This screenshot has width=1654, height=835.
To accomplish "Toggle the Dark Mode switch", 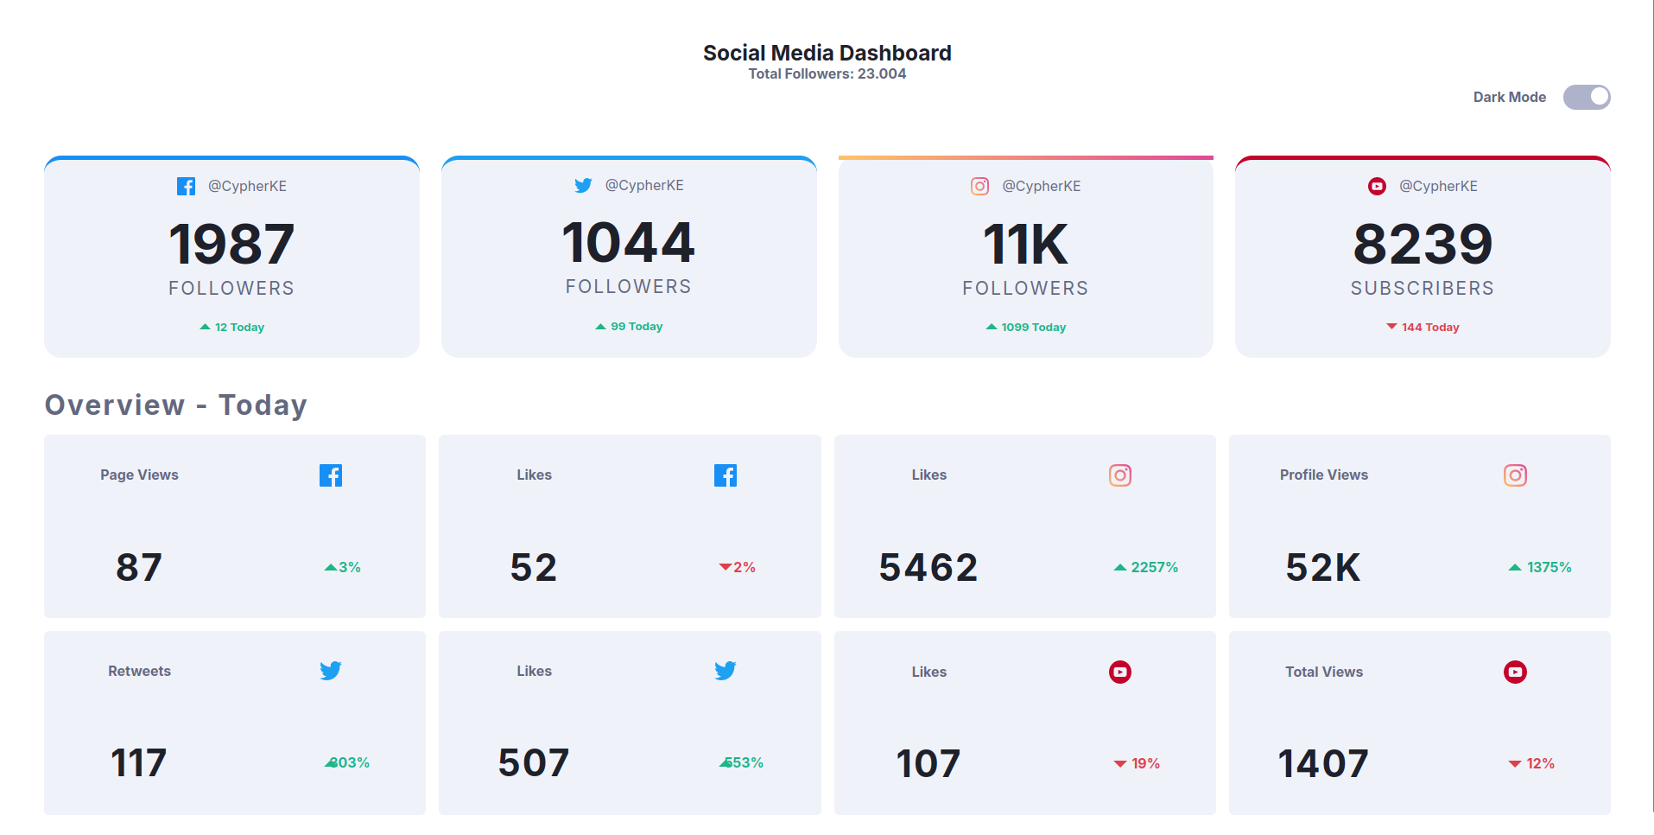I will pyautogui.click(x=1586, y=97).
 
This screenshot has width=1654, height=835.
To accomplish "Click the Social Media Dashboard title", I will pyautogui.click(x=827, y=53).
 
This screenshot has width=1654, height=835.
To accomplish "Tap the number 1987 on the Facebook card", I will pyautogui.click(x=231, y=244).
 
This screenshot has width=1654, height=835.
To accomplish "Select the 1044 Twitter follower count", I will pyautogui.click(x=628, y=242).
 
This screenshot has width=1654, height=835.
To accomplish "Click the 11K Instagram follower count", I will pyautogui.click(x=1025, y=244).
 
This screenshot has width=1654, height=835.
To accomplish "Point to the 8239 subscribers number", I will pyautogui.click(x=1423, y=244).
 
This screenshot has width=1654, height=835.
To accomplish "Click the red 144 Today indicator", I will pyautogui.click(x=1423, y=327).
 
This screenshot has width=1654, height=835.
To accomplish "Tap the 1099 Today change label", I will pyautogui.click(x=1026, y=327).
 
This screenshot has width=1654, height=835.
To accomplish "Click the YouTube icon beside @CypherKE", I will pyautogui.click(x=1377, y=186).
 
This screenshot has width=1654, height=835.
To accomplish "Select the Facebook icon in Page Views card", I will pyautogui.click(x=331, y=475).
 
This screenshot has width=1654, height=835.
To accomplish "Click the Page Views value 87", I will pyautogui.click(x=139, y=567).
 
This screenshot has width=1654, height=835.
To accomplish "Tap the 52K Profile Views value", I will pyautogui.click(x=1322, y=567).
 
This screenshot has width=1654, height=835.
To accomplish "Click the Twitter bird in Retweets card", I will pyautogui.click(x=331, y=671).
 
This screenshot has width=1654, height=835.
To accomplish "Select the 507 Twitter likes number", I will pyautogui.click(x=534, y=762).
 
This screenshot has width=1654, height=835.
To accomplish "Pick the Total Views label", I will pyautogui.click(x=1323, y=672).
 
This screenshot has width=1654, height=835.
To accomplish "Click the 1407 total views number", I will pyautogui.click(x=1323, y=763).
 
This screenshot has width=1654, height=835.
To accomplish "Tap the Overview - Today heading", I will pyautogui.click(x=176, y=405).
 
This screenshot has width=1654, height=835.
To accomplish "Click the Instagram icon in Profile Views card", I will pyautogui.click(x=1515, y=475).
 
